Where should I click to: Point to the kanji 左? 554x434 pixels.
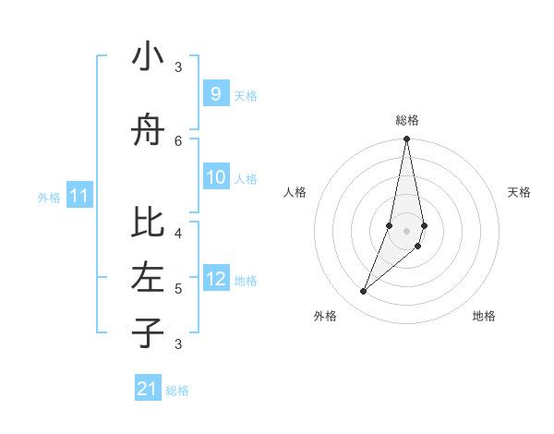pyautogui.click(x=148, y=277)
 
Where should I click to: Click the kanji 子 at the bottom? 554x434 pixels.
pyautogui.click(x=148, y=332)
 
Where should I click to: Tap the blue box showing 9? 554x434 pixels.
pyautogui.click(x=215, y=94)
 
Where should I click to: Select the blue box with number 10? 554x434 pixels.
pyautogui.click(x=215, y=177)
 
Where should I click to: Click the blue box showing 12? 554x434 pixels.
pyautogui.click(x=215, y=279)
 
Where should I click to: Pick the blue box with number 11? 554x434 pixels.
pyautogui.click(x=79, y=196)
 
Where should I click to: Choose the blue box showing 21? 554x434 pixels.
pyautogui.click(x=148, y=389)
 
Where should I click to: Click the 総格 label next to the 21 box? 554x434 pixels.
pyautogui.click(x=177, y=391)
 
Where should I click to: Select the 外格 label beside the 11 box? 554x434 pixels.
pyautogui.click(x=48, y=197)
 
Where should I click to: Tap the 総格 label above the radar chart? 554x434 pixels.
pyautogui.click(x=406, y=120)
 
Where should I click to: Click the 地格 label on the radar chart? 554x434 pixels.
pyautogui.click(x=484, y=316)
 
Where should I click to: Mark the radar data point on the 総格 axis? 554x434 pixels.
pyautogui.click(x=406, y=139)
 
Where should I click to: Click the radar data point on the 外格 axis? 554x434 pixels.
pyautogui.click(x=363, y=292)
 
